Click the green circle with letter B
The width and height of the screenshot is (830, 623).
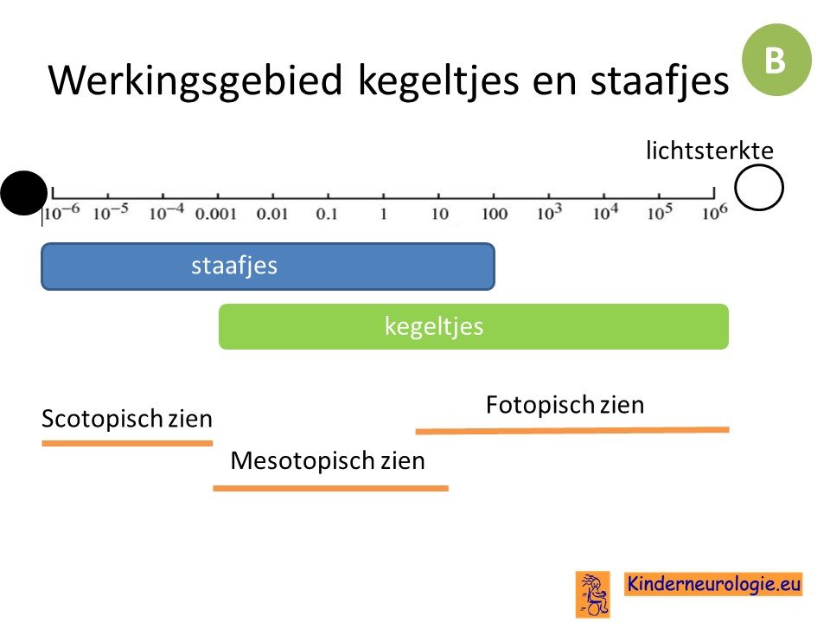click(776, 60)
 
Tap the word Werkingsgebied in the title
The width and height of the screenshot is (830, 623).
click(195, 80)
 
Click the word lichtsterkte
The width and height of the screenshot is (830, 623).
click(709, 151)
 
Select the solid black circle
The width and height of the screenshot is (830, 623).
click(24, 193)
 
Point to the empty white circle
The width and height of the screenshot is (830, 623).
click(758, 188)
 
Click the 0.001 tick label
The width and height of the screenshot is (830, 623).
click(215, 214)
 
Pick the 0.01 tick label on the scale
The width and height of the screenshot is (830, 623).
click(272, 214)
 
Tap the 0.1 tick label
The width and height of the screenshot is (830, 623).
click(327, 214)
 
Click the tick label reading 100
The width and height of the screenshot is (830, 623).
click(495, 214)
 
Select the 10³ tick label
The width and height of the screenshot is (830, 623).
click(550, 212)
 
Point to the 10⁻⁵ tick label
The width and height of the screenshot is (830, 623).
click(111, 212)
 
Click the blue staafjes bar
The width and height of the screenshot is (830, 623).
click(268, 267)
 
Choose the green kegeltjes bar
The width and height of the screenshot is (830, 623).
click(474, 326)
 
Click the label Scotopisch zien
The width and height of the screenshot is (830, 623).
click(127, 419)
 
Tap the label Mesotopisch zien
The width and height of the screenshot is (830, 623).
click(328, 460)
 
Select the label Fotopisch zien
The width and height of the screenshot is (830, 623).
click(565, 405)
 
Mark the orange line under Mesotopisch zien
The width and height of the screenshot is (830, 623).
click(331, 488)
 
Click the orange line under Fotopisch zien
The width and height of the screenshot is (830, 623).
click(572, 431)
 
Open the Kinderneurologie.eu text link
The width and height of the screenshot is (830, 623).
click(713, 584)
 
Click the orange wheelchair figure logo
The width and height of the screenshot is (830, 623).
click(593, 594)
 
